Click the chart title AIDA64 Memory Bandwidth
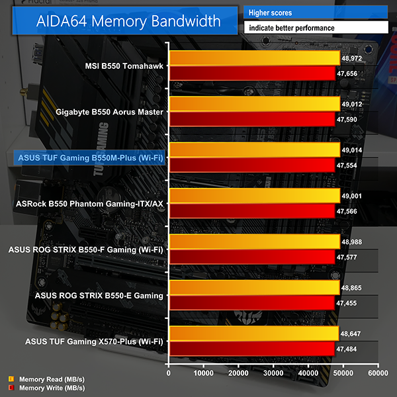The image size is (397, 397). point(120,22)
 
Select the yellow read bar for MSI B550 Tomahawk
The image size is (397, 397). point(255,58)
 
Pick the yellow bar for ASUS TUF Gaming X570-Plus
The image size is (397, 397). point(254,333)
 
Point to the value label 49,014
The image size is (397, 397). point(351,150)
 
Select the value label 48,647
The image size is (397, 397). point(351,333)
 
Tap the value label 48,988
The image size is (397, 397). point(351,242)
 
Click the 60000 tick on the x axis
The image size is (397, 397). point(378,374)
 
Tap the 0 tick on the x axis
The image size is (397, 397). point(169,374)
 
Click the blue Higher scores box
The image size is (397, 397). point(316,13)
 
